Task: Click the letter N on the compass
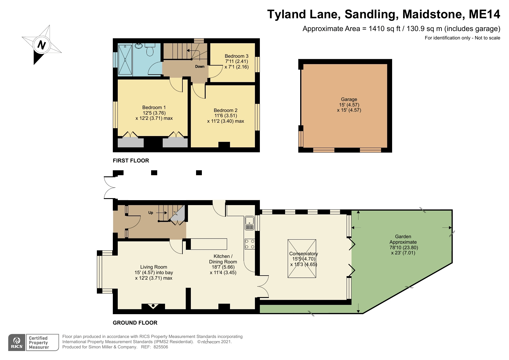42,45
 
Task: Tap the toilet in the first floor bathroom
150,51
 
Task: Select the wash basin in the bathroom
139,46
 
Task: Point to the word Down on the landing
200,66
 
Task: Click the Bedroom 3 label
236,56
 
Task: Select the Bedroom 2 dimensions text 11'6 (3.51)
225,115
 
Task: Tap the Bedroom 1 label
154,107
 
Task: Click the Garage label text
349,99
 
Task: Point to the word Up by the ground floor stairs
151,213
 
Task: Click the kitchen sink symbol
249,223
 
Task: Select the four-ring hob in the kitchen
250,244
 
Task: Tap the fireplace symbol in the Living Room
153,306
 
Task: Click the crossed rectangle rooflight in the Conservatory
302,258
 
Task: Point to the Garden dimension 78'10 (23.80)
403,247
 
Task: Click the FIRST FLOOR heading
131,160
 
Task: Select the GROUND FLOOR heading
135,323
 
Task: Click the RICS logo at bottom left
17,343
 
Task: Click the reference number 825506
161,347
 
